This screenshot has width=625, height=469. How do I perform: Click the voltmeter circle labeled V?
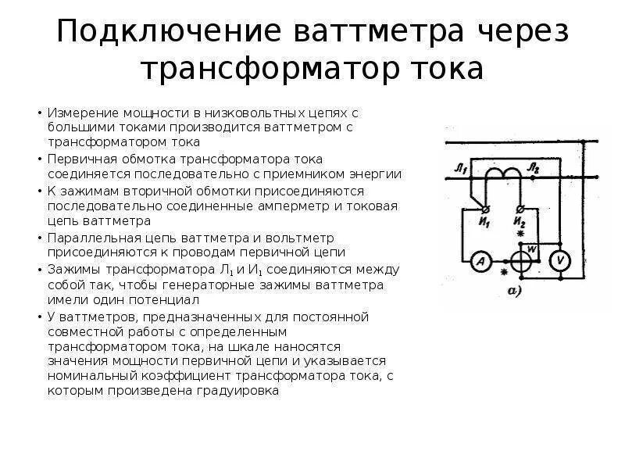559,260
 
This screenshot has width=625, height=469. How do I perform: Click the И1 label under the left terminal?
484,222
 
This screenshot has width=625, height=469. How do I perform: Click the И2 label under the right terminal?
520,222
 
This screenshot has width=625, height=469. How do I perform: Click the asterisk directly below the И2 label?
519,234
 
